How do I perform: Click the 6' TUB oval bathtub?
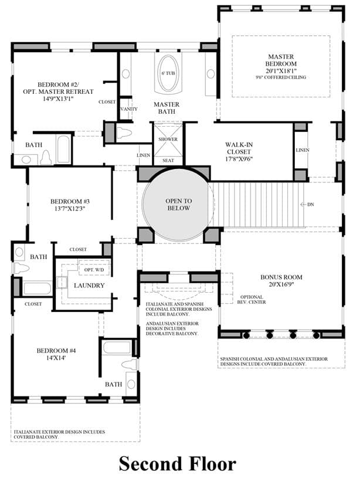click(x=168, y=73)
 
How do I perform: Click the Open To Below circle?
click(x=179, y=205)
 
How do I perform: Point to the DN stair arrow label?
click(x=307, y=204)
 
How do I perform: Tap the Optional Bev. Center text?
click(x=252, y=299)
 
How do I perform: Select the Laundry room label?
click(x=89, y=286)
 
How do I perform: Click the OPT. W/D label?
click(x=94, y=270)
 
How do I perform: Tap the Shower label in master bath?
click(x=168, y=139)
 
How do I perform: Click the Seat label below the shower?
click(x=168, y=160)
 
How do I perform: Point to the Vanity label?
click(x=129, y=109)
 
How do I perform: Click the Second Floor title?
click(x=178, y=463)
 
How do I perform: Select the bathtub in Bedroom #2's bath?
click(x=64, y=150)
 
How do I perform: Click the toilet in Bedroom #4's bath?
click(x=130, y=364)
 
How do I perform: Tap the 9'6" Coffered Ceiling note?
click(x=281, y=77)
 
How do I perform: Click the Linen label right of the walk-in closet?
click(x=303, y=150)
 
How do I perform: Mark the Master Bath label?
click(x=167, y=108)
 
